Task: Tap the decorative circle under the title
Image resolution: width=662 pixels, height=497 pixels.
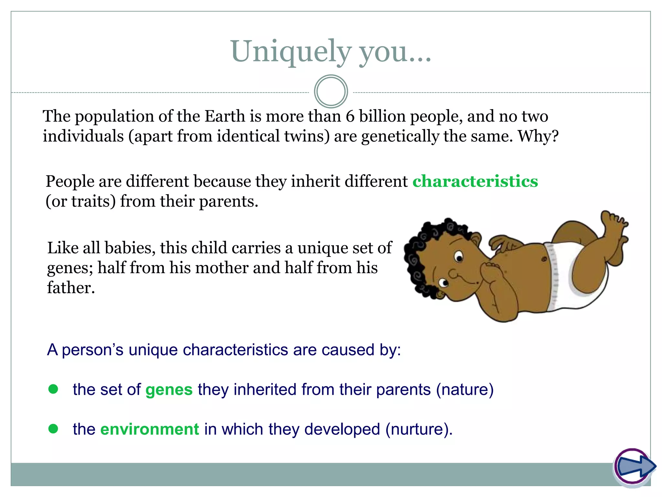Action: [331, 92]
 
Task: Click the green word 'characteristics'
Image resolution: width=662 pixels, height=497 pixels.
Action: [475, 181]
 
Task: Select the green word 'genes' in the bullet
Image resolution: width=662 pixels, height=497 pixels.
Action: [169, 390]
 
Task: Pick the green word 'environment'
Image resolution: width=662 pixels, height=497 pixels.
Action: [150, 429]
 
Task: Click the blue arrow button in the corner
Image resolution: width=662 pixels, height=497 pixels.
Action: [635, 466]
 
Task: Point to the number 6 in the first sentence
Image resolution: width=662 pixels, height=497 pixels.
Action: [350, 116]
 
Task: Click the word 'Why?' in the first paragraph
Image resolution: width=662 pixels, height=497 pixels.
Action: [538, 136]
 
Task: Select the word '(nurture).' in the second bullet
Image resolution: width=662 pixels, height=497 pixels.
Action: [419, 429]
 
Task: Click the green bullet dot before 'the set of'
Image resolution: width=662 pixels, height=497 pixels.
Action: [53, 389]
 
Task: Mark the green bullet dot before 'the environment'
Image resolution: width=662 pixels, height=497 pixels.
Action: [53, 429]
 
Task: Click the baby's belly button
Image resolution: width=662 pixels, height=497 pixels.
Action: [544, 259]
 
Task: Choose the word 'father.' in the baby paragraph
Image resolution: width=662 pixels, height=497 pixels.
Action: [71, 288]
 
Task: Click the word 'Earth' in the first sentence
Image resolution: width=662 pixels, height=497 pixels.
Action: [225, 116]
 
